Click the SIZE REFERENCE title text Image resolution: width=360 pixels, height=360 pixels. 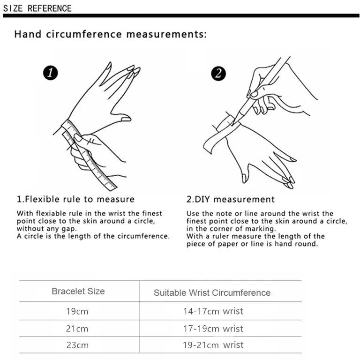coord(37,8)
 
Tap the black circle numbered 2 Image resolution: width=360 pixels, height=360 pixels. coord(218,73)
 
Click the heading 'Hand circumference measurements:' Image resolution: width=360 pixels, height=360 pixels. coord(110,34)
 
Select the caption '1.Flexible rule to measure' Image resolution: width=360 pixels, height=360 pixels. coord(75,199)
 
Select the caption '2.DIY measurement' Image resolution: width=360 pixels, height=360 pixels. coord(231,199)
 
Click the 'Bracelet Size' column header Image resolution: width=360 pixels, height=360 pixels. coord(78,291)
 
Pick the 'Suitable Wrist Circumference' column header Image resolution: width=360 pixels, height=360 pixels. coord(212,293)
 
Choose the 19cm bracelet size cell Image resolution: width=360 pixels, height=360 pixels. coord(77,311)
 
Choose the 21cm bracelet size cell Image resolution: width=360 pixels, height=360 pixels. coord(77,329)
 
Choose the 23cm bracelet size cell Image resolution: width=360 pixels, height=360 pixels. coord(77,345)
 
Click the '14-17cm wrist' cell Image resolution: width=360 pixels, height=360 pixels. coord(213,311)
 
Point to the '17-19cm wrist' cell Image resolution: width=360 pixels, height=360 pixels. coord(213,329)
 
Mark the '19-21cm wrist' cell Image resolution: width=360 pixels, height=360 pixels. coord(213,345)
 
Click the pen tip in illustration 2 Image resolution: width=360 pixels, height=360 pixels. coord(233,123)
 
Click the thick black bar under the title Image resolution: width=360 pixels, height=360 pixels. coord(180,16)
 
